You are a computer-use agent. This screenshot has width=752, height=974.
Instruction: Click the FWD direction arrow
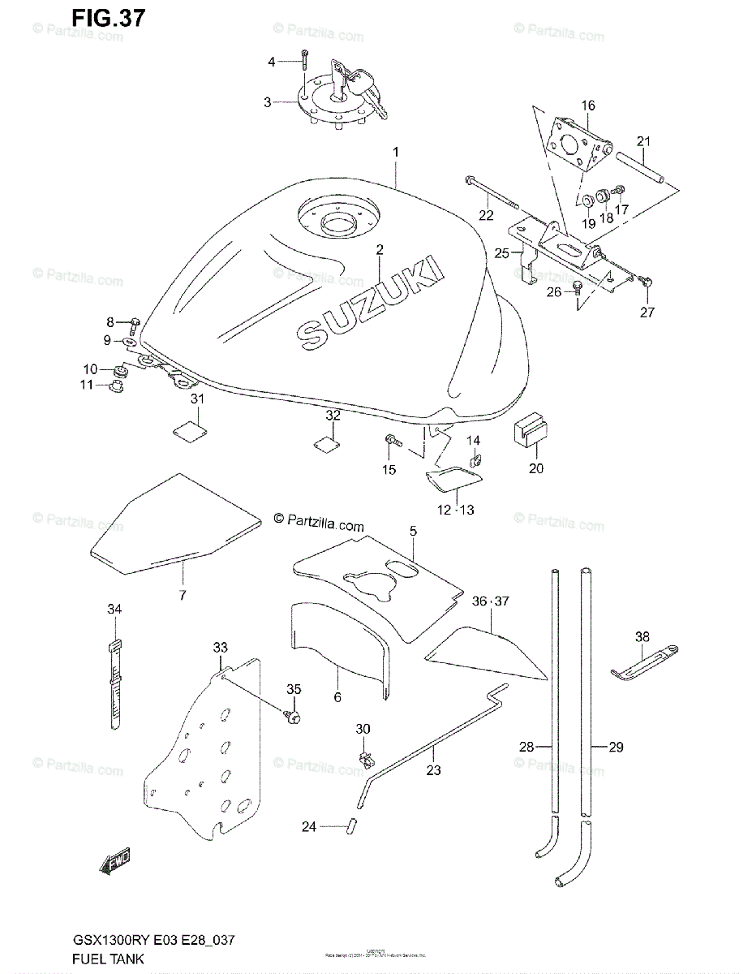point(115,864)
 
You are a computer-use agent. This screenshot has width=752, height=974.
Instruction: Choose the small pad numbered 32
point(326,443)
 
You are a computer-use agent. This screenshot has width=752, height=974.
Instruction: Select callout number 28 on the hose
point(526,748)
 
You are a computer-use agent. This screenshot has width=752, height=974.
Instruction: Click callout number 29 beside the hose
point(616,748)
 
